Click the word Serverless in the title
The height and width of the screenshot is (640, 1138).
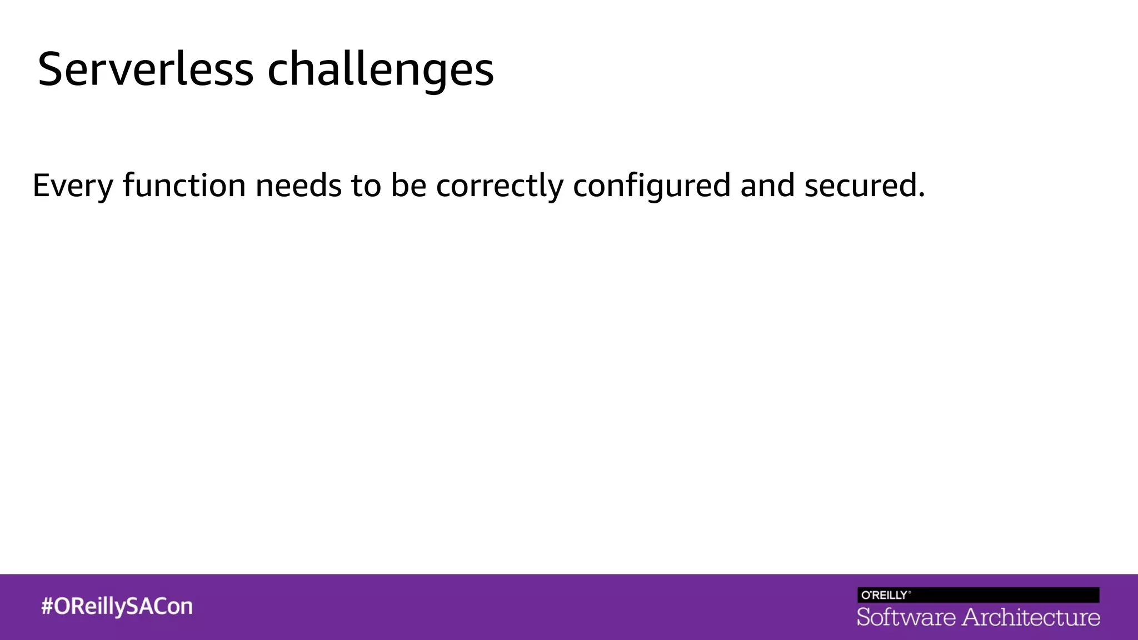click(x=146, y=69)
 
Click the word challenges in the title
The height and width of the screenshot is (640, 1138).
click(x=380, y=71)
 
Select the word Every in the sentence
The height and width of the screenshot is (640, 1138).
click(x=73, y=186)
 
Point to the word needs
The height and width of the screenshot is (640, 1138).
click(x=298, y=185)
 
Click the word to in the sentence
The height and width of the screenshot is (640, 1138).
click(x=366, y=185)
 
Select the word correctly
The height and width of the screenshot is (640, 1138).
click(x=500, y=186)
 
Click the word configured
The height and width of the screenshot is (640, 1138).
click(x=651, y=186)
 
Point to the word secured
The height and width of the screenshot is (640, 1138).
click(x=860, y=185)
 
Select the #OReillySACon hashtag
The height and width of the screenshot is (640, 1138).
click(x=117, y=606)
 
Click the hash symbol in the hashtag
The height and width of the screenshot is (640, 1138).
click(x=47, y=606)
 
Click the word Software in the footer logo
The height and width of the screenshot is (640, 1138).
click(x=906, y=617)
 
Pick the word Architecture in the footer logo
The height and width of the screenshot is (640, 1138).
click(x=1031, y=617)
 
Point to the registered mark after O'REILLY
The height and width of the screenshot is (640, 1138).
click(x=909, y=592)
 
